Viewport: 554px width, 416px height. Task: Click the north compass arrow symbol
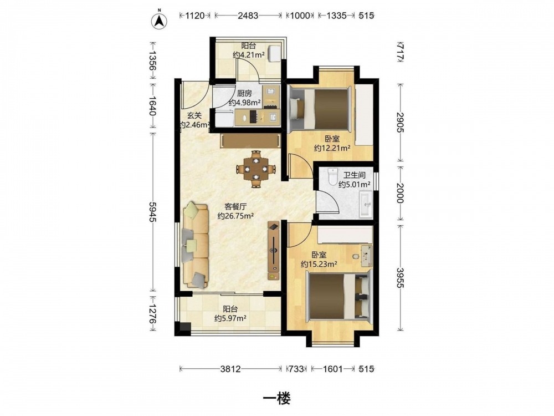tap(160, 21)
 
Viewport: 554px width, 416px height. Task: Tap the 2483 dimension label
tap(248, 16)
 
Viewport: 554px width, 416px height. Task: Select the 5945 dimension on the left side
tap(153, 212)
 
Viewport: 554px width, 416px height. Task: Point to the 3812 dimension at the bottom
tap(230, 369)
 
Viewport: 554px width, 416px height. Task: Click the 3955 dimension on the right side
tap(400, 278)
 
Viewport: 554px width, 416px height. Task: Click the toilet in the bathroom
tap(332, 177)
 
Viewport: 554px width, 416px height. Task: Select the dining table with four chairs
tap(256, 169)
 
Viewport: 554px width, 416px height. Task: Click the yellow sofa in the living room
tap(196, 245)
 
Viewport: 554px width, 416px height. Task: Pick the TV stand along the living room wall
tap(274, 251)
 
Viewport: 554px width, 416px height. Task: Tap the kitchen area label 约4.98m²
tap(244, 103)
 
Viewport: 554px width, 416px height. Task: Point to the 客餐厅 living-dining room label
tap(235, 206)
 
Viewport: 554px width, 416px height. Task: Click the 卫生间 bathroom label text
tap(355, 175)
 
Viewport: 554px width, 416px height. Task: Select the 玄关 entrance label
tap(194, 115)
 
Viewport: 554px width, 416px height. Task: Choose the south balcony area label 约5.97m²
tap(230, 318)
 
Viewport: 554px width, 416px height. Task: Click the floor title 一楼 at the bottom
tap(277, 399)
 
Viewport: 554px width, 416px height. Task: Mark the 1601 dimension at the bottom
tap(333, 369)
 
